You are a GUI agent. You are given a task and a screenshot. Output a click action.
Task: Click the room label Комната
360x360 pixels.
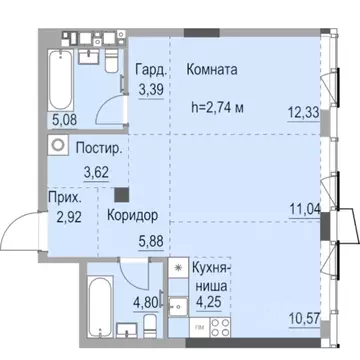[x=211, y=71]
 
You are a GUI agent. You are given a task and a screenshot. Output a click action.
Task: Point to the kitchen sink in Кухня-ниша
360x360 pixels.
[x=175, y=305]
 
